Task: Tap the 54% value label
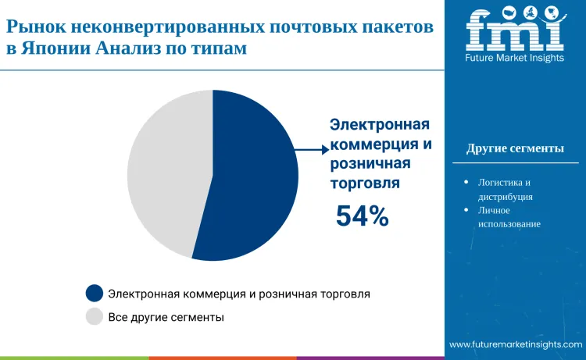pyautogui.click(x=362, y=216)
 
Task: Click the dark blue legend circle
pyautogui.click(x=95, y=294)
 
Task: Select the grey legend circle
pyautogui.click(x=95, y=317)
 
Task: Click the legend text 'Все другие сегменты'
pyautogui.click(x=166, y=317)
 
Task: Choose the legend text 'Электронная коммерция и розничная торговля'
pyautogui.click(x=239, y=294)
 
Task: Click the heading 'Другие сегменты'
pyautogui.click(x=515, y=148)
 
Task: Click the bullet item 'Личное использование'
pyautogui.click(x=509, y=217)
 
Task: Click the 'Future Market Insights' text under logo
pyautogui.click(x=514, y=58)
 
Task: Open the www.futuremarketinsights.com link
pyautogui.click(x=516, y=344)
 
